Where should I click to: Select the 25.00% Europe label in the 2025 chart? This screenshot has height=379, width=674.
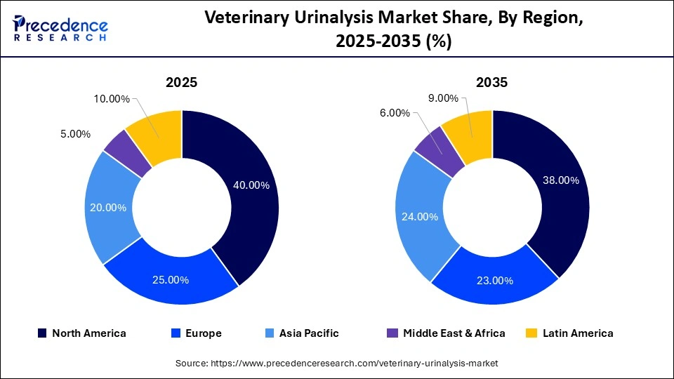[x=171, y=280]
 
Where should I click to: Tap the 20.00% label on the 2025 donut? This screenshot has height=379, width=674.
[x=108, y=208]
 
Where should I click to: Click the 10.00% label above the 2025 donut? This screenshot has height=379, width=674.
[x=111, y=99]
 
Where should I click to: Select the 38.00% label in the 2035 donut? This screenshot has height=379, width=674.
[x=560, y=180]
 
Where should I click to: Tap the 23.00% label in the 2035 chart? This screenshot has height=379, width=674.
[x=494, y=281]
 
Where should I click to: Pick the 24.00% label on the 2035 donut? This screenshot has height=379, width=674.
[x=420, y=217]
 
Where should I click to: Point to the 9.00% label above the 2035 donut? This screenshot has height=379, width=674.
[x=442, y=98]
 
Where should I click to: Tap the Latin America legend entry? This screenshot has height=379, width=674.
[x=570, y=333]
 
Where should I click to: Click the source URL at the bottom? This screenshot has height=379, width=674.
[x=336, y=364]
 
